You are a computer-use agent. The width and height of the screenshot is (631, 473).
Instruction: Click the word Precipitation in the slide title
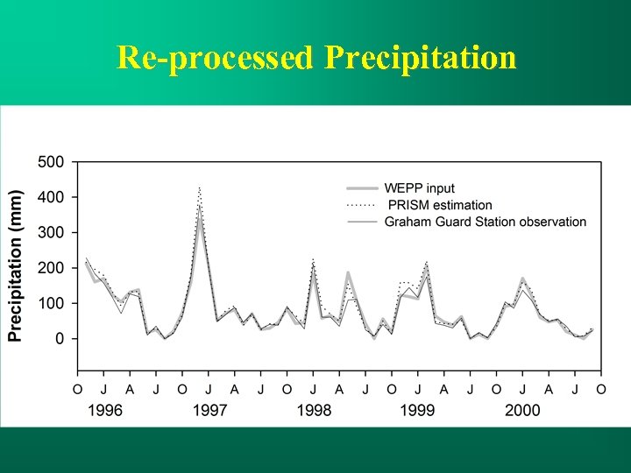[x=420, y=58]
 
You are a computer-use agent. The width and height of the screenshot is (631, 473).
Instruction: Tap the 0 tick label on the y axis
[x=60, y=338]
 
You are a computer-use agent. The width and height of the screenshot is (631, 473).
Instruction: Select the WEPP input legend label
[x=419, y=188]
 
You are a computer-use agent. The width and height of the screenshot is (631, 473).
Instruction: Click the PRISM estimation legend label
[x=440, y=205]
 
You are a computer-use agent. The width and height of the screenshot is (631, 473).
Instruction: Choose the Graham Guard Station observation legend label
[x=485, y=222]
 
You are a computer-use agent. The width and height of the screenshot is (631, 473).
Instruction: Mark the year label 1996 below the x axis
[x=104, y=409]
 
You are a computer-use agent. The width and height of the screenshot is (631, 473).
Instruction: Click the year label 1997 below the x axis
[x=209, y=409]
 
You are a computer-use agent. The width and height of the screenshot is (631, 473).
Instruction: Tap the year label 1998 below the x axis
[x=313, y=409]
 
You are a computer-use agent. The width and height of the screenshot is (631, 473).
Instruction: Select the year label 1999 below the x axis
[x=418, y=409]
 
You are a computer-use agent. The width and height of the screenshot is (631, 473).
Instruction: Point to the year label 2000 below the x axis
[x=522, y=409]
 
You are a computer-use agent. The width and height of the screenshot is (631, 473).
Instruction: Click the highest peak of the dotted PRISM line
[x=200, y=187]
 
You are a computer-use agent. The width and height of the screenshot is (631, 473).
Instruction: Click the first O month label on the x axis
[x=77, y=389]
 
